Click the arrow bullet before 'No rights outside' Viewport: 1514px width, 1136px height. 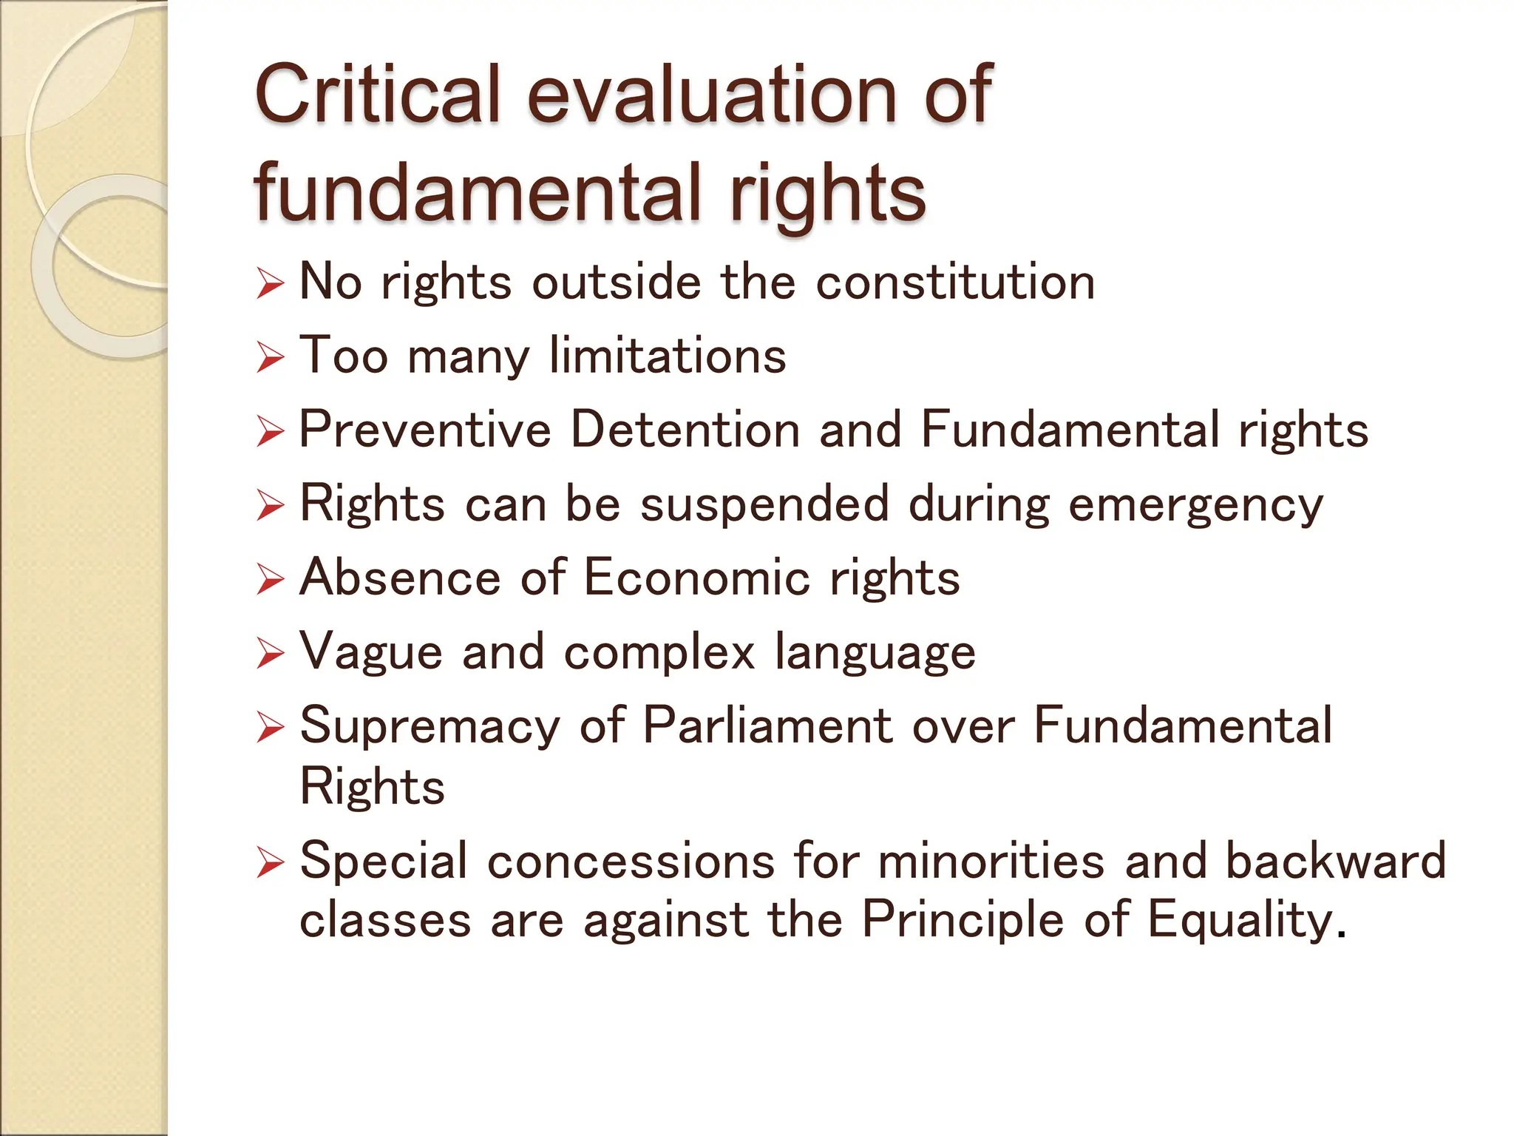click(x=271, y=284)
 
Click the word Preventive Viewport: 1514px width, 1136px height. click(x=425, y=430)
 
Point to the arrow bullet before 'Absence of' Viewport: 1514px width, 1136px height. click(x=271, y=580)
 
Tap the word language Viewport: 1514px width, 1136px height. click(x=875, y=653)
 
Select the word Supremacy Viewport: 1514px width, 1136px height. click(x=430, y=726)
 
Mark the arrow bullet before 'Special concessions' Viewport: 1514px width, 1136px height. click(x=271, y=862)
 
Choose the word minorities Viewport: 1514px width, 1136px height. click(x=991, y=861)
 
